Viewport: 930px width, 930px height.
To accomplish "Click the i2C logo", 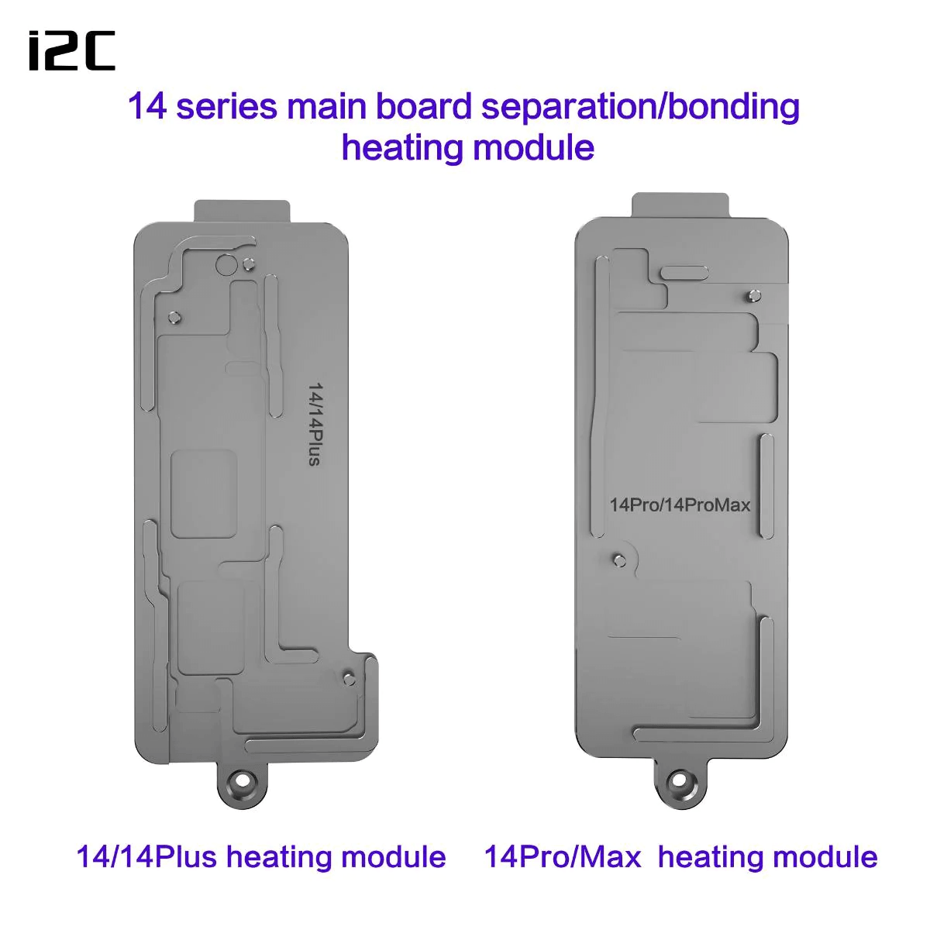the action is click(72, 50).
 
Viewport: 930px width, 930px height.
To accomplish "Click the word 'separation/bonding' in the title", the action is click(640, 107).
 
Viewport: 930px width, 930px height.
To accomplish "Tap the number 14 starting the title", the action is click(148, 107).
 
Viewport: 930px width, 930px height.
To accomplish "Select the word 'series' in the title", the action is click(227, 107).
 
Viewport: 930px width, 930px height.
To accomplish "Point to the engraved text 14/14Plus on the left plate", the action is click(315, 424).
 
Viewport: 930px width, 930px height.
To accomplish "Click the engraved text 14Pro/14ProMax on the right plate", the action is click(680, 505).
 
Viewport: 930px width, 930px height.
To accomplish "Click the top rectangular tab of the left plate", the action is click(242, 212).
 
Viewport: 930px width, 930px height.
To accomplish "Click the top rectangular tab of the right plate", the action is click(680, 205).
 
